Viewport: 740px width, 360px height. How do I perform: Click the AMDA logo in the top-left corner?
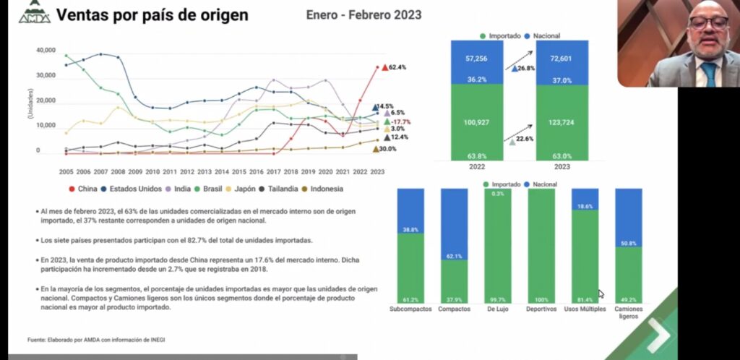tap(35, 14)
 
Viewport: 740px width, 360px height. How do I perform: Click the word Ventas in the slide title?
tap(81, 15)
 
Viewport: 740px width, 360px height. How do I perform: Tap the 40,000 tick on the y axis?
tap(46, 51)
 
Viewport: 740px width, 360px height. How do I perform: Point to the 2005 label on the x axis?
tap(66, 172)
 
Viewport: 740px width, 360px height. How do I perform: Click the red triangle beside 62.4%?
tap(385, 67)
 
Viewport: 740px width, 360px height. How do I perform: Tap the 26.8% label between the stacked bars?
tap(525, 69)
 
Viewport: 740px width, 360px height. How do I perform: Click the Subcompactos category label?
tap(410, 309)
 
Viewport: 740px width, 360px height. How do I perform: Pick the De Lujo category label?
tap(498, 309)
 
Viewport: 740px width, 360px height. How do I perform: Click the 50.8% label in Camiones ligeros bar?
tap(628, 244)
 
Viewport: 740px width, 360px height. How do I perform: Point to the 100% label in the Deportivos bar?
tap(541, 299)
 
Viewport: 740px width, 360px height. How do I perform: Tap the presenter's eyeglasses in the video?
tap(707, 22)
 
